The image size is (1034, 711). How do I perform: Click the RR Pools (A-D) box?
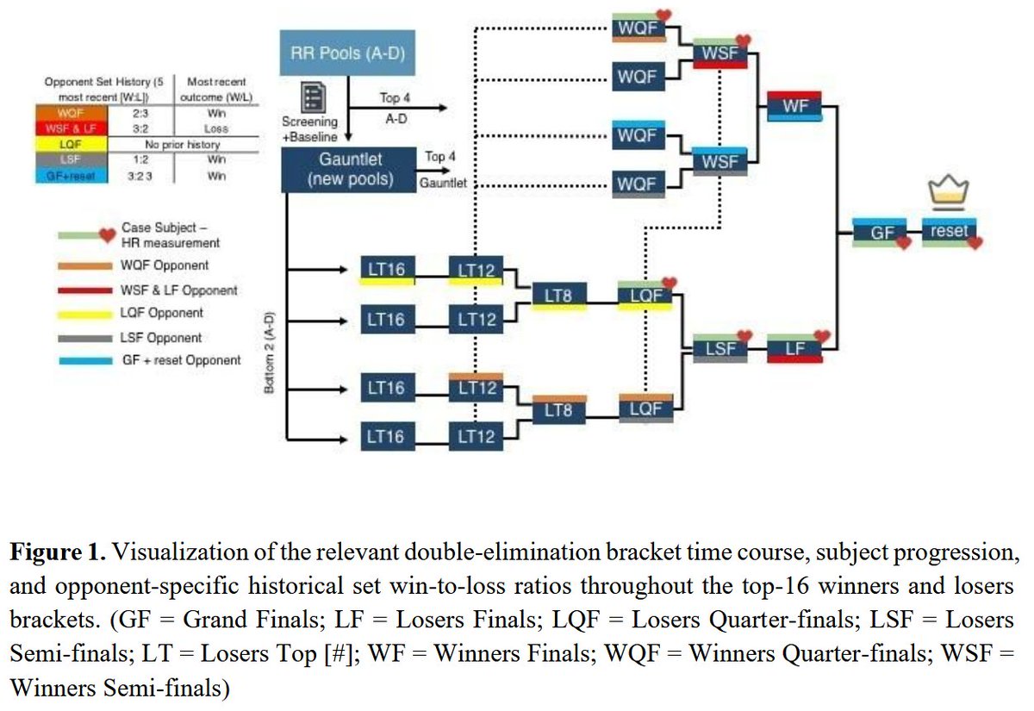[347, 53]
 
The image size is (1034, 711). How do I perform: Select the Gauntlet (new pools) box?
[349, 170]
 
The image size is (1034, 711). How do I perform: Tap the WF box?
[794, 106]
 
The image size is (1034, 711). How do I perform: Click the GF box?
[880, 232]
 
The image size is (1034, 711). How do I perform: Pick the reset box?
[949, 231]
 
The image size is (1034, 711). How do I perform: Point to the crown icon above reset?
[949, 190]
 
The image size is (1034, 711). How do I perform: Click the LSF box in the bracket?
[720, 348]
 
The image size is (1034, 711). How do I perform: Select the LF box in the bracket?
[794, 348]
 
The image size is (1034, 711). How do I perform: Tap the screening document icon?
[314, 97]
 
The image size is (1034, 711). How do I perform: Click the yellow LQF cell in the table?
[72, 145]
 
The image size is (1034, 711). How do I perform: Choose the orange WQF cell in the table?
[72, 113]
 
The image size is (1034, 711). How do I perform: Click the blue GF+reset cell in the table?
[72, 176]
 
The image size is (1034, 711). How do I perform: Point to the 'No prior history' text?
[183, 145]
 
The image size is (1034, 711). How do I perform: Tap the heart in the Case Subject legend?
[108, 235]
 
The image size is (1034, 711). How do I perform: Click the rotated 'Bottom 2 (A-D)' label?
[269, 352]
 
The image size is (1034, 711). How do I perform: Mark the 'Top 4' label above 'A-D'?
[395, 98]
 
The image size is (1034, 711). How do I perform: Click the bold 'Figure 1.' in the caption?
[58, 552]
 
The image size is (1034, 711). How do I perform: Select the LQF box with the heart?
[645, 295]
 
